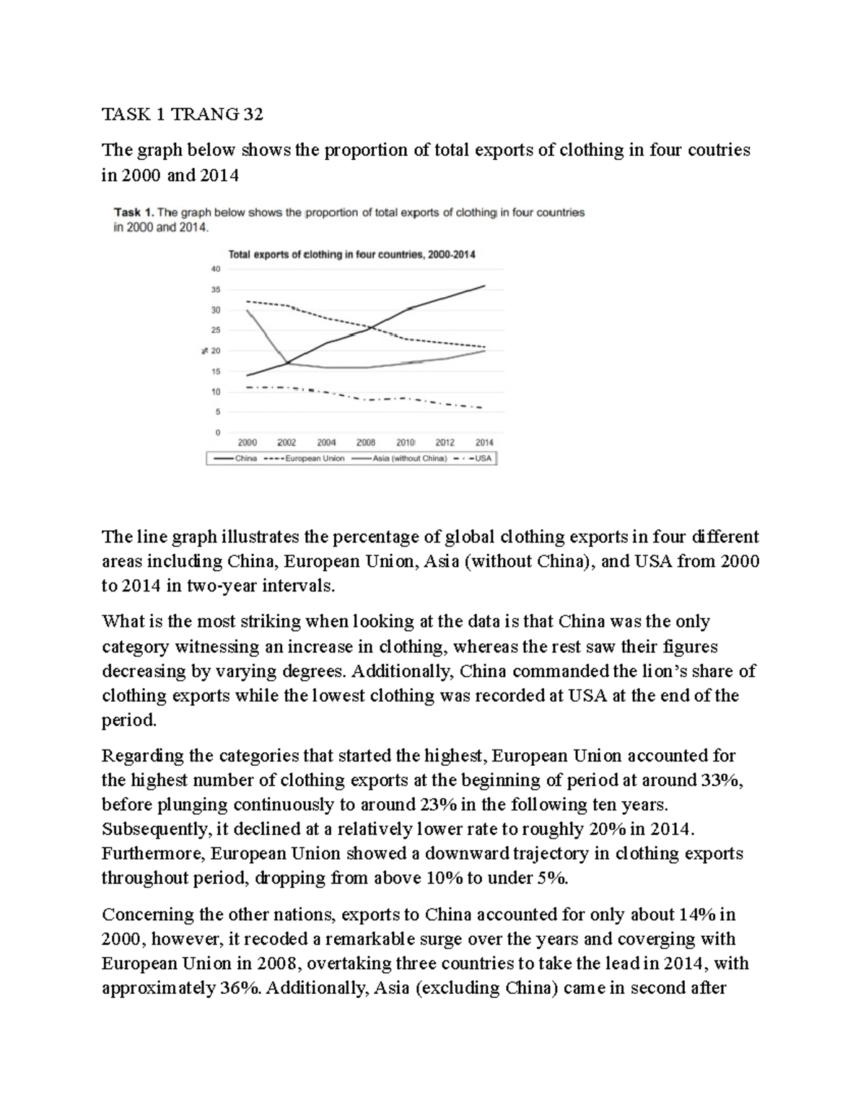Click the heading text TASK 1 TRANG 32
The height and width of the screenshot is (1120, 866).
click(x=183, y=114)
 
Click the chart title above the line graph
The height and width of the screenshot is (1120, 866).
click(x=351, y=255)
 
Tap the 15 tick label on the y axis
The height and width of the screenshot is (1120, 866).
click(x=215, y=371)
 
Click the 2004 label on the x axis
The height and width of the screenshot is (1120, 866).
click(x=326, y=443)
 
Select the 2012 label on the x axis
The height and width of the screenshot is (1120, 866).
click(x=445, y=443)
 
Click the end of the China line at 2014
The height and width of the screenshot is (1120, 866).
click(x=484, y=286)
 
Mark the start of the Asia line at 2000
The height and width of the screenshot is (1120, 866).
click(x=248, y=311)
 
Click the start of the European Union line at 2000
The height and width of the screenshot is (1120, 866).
click(x=248, y=301)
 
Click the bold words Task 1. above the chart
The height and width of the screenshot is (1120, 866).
click(x=134, y=213)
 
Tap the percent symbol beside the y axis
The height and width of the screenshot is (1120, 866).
click(x=204, y=351)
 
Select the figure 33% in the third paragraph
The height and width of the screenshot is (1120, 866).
click(x=716, y=780)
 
